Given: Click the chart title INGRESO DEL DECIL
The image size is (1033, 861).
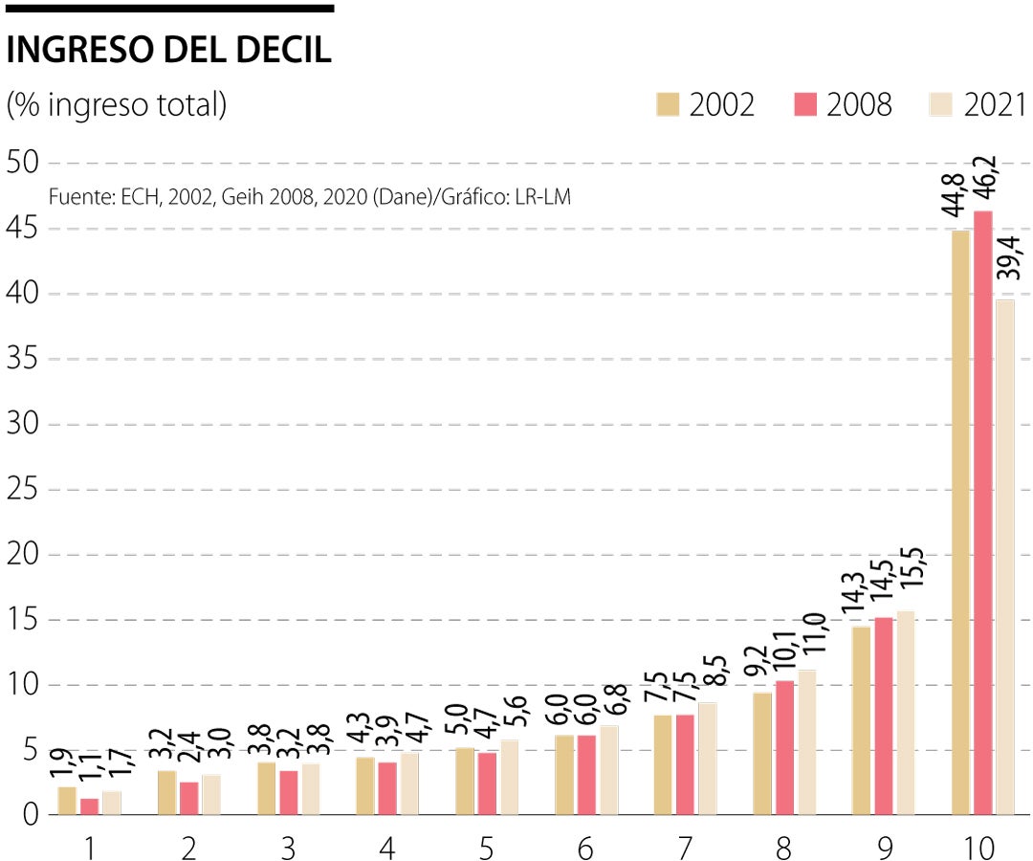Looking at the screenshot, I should (168, 51).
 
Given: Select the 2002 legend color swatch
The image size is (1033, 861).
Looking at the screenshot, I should (668, 104).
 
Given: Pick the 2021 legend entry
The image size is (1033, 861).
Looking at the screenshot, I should (995, 104).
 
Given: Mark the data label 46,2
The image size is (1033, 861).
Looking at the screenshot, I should (982, 179).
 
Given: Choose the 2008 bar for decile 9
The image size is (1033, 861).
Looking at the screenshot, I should (883, 717).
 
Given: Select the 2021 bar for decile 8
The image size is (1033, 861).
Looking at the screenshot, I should (806, 742).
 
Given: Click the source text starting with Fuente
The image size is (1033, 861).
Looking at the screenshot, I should (309, 197).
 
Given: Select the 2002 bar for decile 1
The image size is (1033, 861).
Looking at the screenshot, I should (67, 801).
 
